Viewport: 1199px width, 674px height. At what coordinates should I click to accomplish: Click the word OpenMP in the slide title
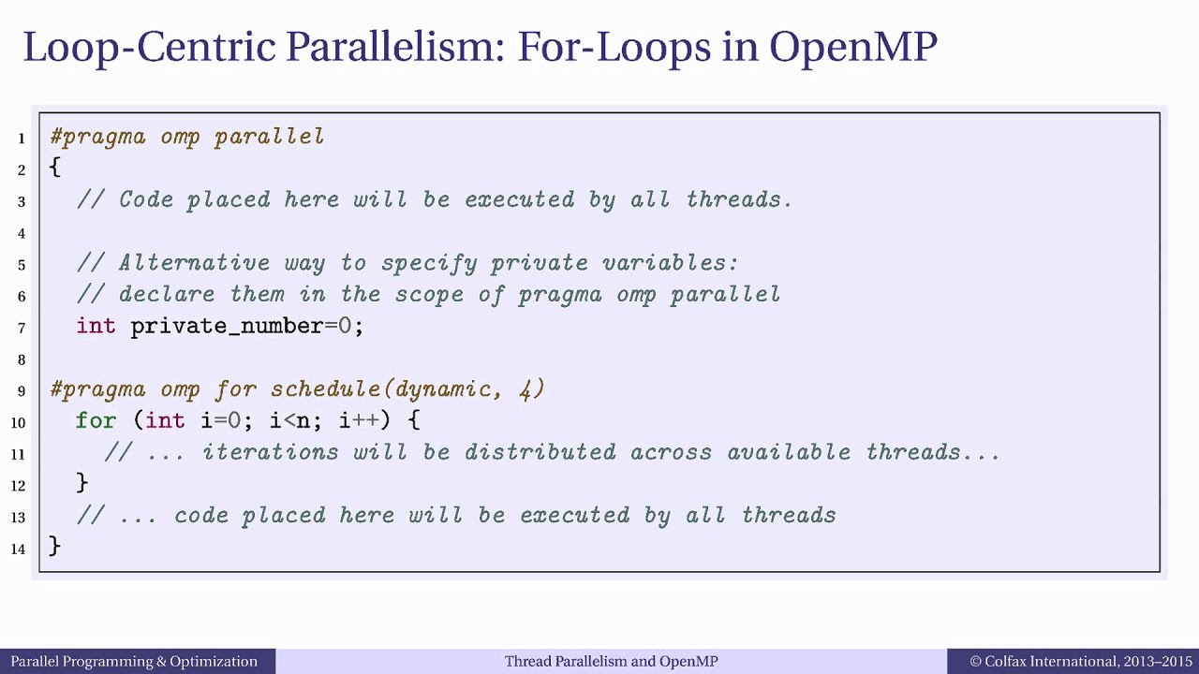point(852,47)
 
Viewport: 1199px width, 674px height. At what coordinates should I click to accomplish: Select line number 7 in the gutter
point(22,328)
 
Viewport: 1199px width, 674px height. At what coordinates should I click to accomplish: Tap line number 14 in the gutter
point(19,549)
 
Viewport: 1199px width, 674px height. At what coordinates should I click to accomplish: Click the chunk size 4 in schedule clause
point(526,389)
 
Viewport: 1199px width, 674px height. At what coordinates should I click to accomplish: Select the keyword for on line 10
point(96,420)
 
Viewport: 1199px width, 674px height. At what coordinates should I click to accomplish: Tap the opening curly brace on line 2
point(55,168)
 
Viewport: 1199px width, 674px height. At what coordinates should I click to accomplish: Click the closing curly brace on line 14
point(55,546)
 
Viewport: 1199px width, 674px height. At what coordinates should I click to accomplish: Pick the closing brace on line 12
point(82,482)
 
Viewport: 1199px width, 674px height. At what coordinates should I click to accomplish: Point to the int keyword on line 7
point(96,326)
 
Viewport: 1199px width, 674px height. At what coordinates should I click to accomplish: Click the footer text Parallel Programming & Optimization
point(134,662)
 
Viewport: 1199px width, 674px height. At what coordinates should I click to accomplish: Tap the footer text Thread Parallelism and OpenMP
point(611,662)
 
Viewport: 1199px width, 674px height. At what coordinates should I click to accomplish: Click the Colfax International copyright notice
point(1081,662)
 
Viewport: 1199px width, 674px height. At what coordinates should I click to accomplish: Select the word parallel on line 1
point(270,137)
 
